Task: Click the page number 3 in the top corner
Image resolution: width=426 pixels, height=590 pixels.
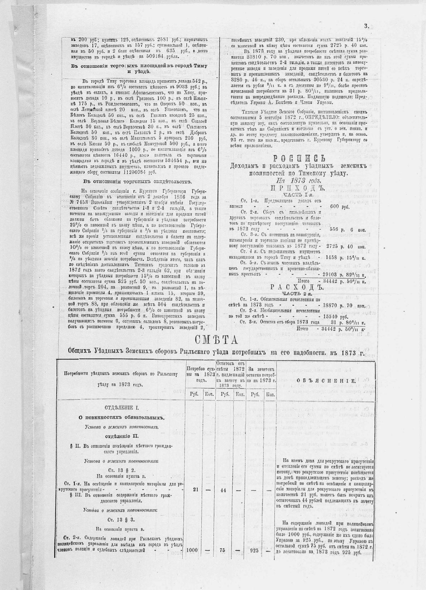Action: [x=366, y=26]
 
